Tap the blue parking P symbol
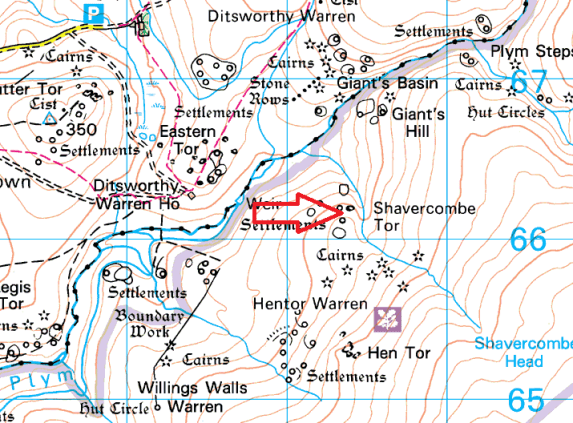tap(95, 13)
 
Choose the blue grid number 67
tap(528, 82)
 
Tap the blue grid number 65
tap(526, 400)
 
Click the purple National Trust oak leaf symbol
tap(385, 318)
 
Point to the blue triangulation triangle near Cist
tap(50, 118)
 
